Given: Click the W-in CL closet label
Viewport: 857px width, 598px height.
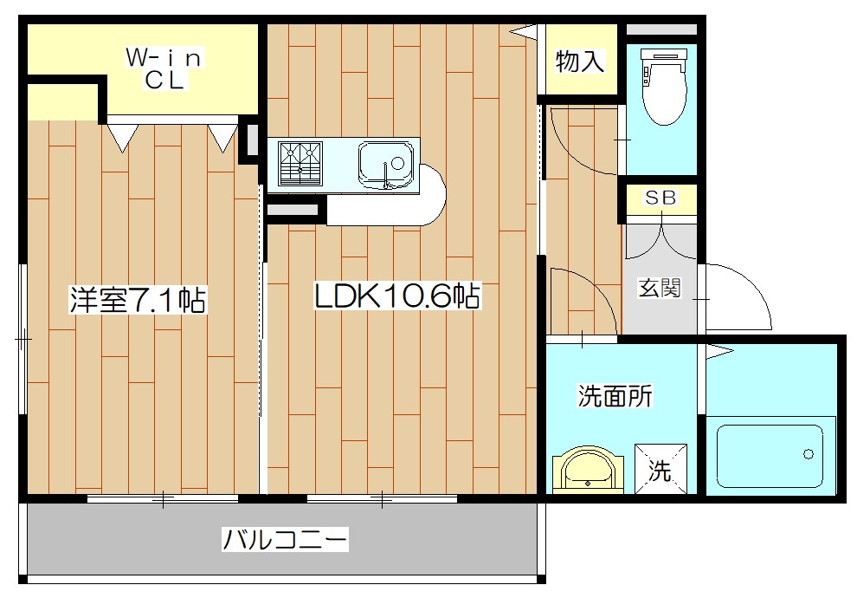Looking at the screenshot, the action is pyautogui.click(x=164, y=68).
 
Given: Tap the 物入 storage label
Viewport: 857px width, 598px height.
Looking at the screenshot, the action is pyautogui.click(x=580, y=61).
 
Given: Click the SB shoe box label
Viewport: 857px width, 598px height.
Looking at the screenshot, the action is pyautogui.click(x=660, y=198).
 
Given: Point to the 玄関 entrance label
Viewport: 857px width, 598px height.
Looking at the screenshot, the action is pyautogui.click(x=660, y=287).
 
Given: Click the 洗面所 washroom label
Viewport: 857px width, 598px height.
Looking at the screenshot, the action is pyautogui.click(x=615, y=395).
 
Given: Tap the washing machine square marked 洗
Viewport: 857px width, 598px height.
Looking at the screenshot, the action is pyautogui.click(x=660, y=469).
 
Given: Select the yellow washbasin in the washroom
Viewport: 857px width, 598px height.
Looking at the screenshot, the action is pyautogui.click(x=588, y=471).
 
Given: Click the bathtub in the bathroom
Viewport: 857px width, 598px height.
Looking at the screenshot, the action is pyautogui.click(x=770, y=456).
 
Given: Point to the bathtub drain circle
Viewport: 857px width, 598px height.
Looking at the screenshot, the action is pyautogui.click(x=809, y=453).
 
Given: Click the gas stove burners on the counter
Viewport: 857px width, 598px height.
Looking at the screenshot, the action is pyautogui.click(x=300, y=163).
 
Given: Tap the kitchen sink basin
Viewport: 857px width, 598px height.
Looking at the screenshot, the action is pyautogui.click(x=386, y=164).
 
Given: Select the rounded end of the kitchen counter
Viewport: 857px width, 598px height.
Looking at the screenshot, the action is pyautogui.click(x=432, y=194).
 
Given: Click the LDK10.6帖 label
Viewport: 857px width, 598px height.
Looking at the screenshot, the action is pyautogui.click(x=397, y=296).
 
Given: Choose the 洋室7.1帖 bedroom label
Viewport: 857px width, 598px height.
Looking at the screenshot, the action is pyautogui.click(x=137, y=299).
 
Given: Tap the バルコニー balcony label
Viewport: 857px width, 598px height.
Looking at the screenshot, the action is pyautogui.click(x=285, y=539).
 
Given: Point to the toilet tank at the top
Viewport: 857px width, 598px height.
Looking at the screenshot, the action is pyautogui.click(x=663, y=55).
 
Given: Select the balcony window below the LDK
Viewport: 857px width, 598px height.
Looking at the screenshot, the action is pyautogui.click(x=382, y=498).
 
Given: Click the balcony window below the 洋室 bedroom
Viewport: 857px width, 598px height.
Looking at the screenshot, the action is pyautogui.click(x=163, y=498).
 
